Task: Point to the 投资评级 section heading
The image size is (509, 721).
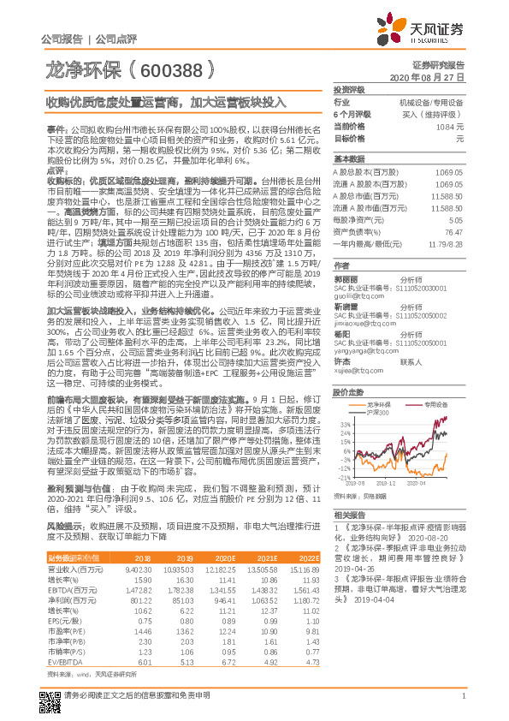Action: (349, 89)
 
